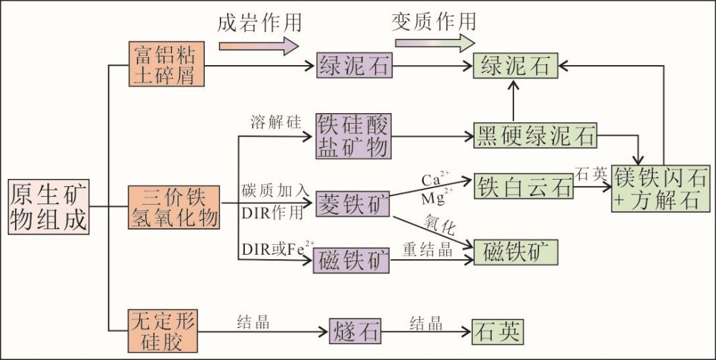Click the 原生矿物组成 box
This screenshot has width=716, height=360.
(x=48, y=206)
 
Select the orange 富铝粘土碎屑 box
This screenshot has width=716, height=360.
(x=162, y=64)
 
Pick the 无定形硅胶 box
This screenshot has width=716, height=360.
(x=162, y=331)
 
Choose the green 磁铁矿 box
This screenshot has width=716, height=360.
(x=515, y=252)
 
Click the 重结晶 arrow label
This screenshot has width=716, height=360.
(x=427, y=247)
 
